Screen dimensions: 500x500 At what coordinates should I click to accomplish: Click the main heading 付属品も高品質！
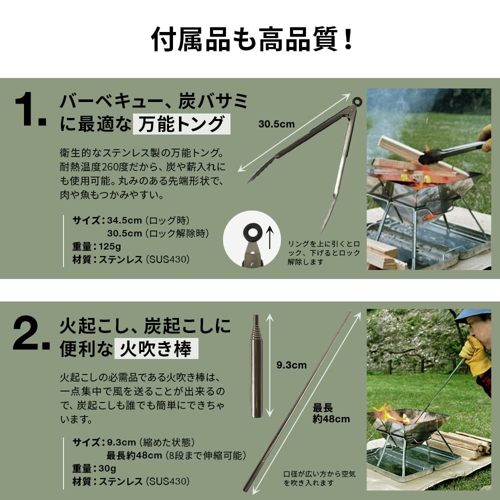tap(252, 39)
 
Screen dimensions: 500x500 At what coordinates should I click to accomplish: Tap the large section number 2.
tap(31, 333)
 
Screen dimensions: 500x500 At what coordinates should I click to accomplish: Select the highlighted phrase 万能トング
tap(181, 124)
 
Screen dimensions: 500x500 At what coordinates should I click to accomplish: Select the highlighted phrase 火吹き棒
tap(156, 348)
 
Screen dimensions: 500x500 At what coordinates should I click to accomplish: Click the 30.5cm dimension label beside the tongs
tap(276, 124)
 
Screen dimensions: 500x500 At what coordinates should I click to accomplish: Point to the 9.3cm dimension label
tap(291, 365)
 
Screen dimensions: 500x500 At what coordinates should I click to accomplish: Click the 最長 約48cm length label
tap(331, 413)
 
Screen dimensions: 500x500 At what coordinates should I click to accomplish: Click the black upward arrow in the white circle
tap(270, 237)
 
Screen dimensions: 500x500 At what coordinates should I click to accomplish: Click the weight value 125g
tap(109, 246)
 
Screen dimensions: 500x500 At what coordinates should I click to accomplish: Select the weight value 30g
tap(107, 468)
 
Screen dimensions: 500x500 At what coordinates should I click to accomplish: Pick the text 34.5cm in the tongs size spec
tap(124, 220)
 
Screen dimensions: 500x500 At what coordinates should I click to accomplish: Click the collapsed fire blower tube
tap(256, 366)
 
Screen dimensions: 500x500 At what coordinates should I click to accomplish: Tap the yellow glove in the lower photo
tap(475, 354)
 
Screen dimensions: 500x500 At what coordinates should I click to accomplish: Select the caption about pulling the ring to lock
tap(323, 253)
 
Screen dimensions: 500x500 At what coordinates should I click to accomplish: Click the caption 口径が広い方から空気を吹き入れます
tap(319, 478)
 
